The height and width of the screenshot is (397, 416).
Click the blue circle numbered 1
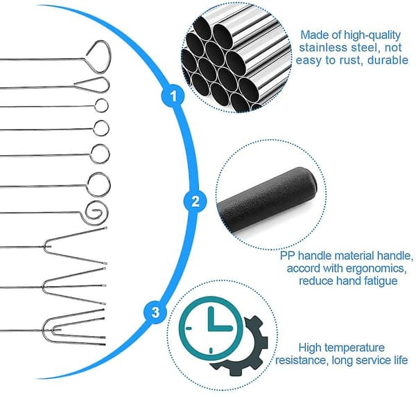173,96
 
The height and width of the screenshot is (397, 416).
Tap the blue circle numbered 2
196,201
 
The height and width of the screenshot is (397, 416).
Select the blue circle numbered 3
155,312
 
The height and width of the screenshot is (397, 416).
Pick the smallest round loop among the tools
101,106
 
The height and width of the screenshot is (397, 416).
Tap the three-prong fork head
74,286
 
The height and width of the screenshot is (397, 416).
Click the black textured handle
267,200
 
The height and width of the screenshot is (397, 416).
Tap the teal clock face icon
211,328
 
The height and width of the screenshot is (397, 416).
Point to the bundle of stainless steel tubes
236,57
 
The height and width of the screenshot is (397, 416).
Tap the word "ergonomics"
370,270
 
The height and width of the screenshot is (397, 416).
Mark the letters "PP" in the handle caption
288,256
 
